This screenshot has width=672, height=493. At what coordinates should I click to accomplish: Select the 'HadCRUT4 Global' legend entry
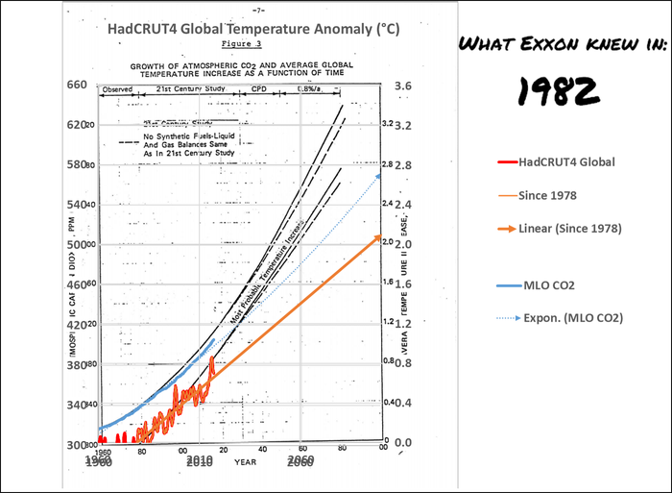click(566, 161)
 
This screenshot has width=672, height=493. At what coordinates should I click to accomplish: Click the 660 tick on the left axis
click(76, 86)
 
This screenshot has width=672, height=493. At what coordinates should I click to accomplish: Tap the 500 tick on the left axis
click(76, 244)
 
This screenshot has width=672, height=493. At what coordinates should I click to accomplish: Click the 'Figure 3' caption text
click(241, 45)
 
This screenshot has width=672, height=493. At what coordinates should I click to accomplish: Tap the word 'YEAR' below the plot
click(247, 461)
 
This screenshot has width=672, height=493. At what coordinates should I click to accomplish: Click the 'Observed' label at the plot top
click(117, 88)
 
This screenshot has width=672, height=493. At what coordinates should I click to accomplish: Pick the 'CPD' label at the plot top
click(259, 88)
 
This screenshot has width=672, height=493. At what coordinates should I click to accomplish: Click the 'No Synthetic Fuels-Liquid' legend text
click(192, 136)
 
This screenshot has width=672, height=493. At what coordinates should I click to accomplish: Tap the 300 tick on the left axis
click(76, 444)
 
